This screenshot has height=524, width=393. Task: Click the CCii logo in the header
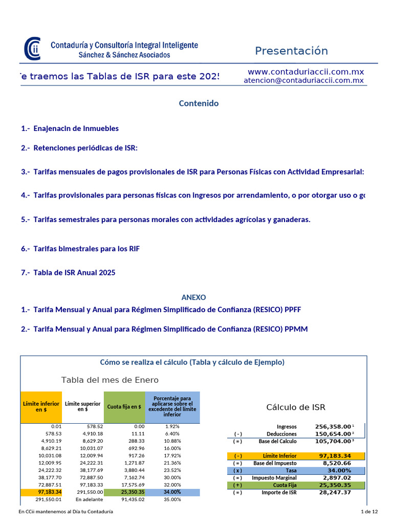[33, 49]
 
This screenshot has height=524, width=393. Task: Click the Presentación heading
[291, 51]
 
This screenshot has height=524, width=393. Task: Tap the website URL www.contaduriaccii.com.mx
[305, 72]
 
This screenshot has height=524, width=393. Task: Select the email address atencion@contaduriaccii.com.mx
[303, 80]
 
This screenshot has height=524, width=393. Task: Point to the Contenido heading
[199, 103]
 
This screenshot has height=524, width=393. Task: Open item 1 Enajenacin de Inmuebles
[70, 128]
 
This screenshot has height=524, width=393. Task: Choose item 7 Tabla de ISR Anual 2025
[68, 272]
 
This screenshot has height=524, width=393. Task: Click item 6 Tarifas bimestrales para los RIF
[80, 249]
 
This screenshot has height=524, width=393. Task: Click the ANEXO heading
[193, 297]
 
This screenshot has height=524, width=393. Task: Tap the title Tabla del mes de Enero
[110, 380]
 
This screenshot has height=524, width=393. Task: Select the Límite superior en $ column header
[82, 407]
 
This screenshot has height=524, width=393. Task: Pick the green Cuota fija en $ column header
[124, 407]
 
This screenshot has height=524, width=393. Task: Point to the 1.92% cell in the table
[172, 426]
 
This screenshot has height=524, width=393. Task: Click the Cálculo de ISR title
[296, 407]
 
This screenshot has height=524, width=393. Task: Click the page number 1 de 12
[369, 512]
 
